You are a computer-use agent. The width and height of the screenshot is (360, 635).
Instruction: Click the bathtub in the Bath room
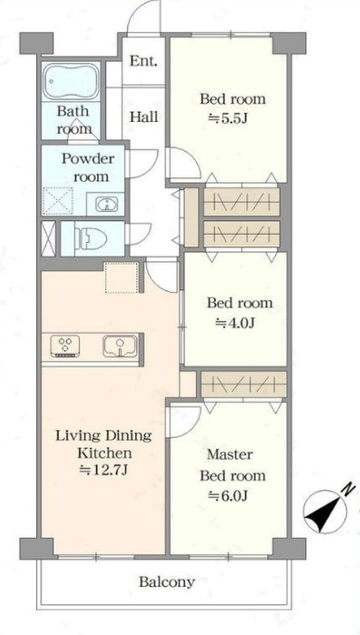pyautogui.click(x=71, y=81)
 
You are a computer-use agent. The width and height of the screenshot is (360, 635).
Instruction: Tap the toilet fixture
pyautogui.click(x=89, y=238)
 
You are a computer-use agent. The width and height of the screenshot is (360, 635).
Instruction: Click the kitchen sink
pyautogui.click(x=120, y=347)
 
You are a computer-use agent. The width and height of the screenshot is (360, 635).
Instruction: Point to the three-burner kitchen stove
pyautogui.click(x=65, y=347)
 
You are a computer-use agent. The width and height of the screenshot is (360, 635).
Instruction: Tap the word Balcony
pyautogui.click(x=167, y=582)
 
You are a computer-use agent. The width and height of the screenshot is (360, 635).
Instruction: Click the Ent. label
pyautogui.click(x=144, y=61)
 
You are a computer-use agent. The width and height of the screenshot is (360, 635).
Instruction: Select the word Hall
pyautogui.click(x=144, y=117)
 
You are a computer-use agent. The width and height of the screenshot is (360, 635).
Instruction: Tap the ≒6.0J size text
pyautogui.click(x=228, y=495)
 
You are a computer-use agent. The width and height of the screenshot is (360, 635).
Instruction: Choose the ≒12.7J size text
pyautogui.click(x=104, y=470)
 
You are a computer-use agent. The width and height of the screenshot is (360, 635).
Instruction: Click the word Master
pyautogui.click(x=230, y=454)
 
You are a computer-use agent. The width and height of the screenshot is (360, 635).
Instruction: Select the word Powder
pyautogui.click(x=88, y=158)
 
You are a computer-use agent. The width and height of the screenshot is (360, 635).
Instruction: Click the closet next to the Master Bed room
pyautogui.click(x=244, y=384)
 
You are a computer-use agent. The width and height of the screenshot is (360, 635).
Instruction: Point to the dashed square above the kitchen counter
pyautogui.click(x=121, y=277)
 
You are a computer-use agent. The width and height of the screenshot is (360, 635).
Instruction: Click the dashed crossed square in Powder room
pyautogui.click(x=58, y=201)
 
